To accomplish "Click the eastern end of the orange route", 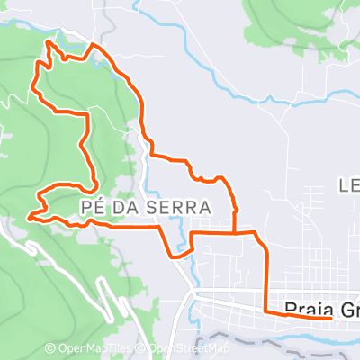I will pyautogui.click(x=330, y=317).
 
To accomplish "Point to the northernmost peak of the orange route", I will pyautogui.click(x=47, y=41).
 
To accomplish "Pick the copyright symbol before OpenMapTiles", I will pyautogui.click(x=49, y=348).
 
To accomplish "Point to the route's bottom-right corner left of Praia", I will pyautogui.click(x=265, y=311).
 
